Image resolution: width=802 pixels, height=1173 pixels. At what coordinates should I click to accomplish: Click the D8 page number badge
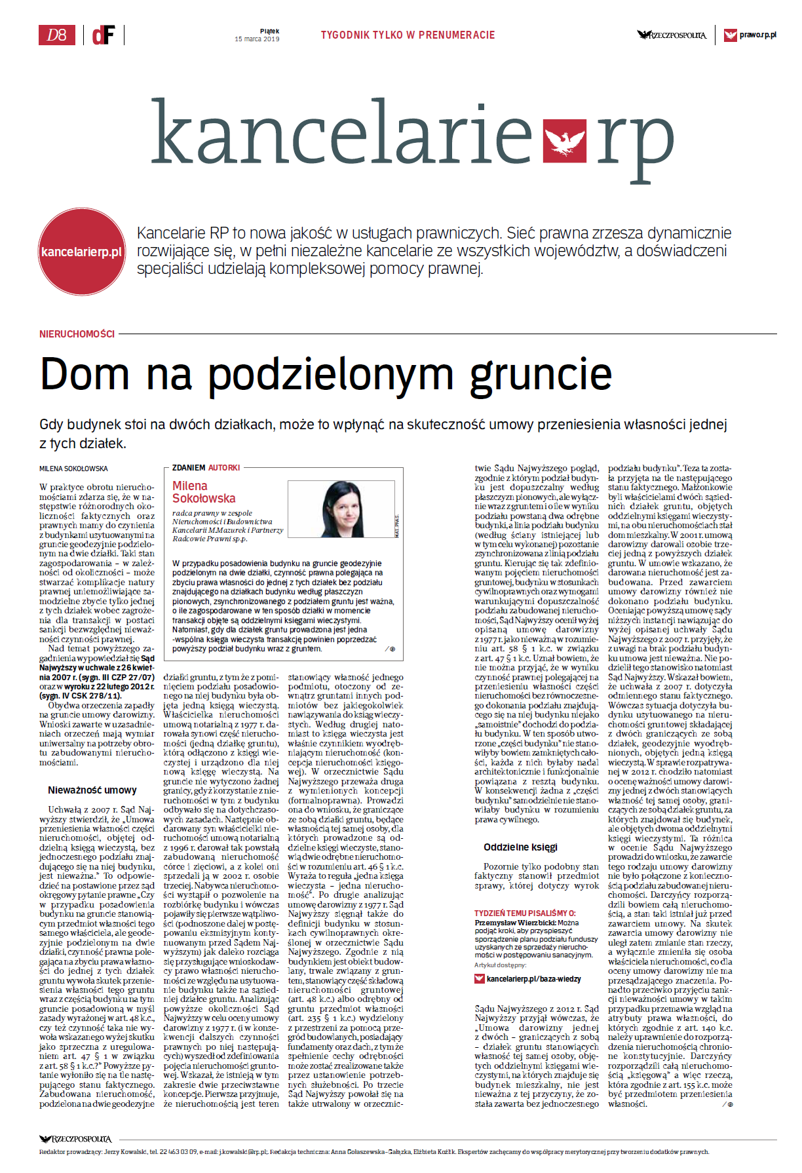[x=56, y=35]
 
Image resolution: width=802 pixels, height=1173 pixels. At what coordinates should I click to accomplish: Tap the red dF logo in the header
[x=103, y=35]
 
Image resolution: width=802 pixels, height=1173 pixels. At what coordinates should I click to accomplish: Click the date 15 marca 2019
[x=257, y=39]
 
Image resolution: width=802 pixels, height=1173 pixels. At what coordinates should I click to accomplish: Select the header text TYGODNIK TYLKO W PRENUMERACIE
[x=408, y=35]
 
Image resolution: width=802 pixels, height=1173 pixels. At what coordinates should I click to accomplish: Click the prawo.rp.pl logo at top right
[x=751, y=35]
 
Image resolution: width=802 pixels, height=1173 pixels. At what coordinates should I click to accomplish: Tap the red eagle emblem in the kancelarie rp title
[x=565, y=139]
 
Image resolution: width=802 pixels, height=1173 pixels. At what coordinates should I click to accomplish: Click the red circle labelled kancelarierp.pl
[x=81, y=252]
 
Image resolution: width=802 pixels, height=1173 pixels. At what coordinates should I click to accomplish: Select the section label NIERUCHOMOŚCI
[x=77, y=334]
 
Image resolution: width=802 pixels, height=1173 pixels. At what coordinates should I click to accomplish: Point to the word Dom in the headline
[x=84, y=374]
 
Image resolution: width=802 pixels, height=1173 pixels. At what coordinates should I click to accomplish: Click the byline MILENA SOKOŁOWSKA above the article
[x=73, y=469]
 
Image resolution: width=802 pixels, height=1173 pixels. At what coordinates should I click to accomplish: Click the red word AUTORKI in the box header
[x=224, y=468]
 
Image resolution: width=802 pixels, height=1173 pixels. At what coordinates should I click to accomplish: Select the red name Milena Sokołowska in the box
[x=204, y=492]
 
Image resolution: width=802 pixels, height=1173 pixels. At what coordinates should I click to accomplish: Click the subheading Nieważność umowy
[x=92, y=790]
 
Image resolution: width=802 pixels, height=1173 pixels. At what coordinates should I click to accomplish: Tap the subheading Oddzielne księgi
[x=520, y=847]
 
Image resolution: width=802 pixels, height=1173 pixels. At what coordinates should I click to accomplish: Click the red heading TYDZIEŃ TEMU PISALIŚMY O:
[x=525, y=913]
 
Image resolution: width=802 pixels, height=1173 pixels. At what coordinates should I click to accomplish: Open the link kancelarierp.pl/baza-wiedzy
[x=533, y=979]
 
